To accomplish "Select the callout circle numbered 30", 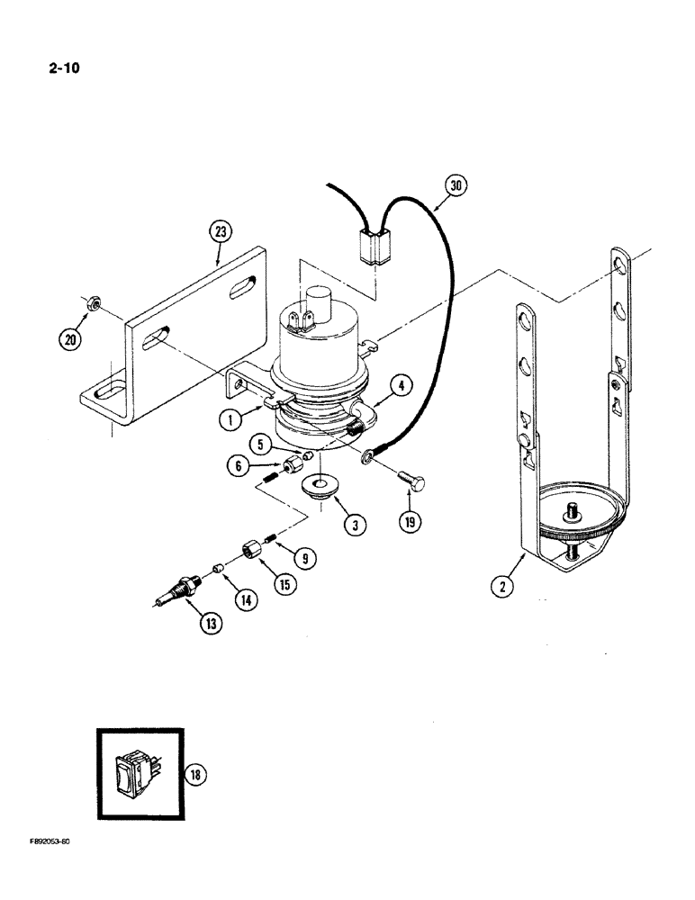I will click(x=457, y=186).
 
